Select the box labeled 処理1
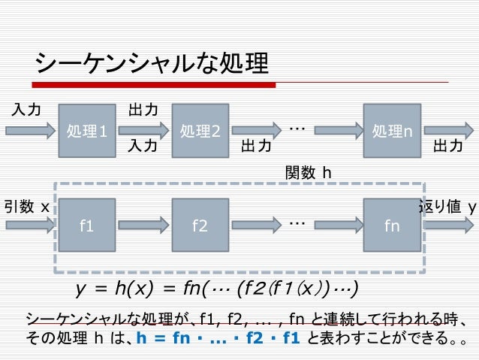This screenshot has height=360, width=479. click(x=87, y=132)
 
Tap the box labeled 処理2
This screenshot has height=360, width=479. click(x=200, y=132)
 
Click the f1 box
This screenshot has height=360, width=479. click(x=87, y=225)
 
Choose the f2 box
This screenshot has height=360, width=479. click(x=200, y=225)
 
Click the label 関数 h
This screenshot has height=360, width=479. click(x=309, y=174)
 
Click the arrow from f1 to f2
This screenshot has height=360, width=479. click(x=143, y=224)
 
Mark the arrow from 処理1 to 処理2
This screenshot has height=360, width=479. click(x=143, y=131)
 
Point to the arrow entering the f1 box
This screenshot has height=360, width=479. click(x=30, y=224)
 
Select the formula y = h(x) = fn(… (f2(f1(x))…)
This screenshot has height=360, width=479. click(x=217, y=289)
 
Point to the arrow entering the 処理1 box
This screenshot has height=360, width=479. click(x=30, y=131)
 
